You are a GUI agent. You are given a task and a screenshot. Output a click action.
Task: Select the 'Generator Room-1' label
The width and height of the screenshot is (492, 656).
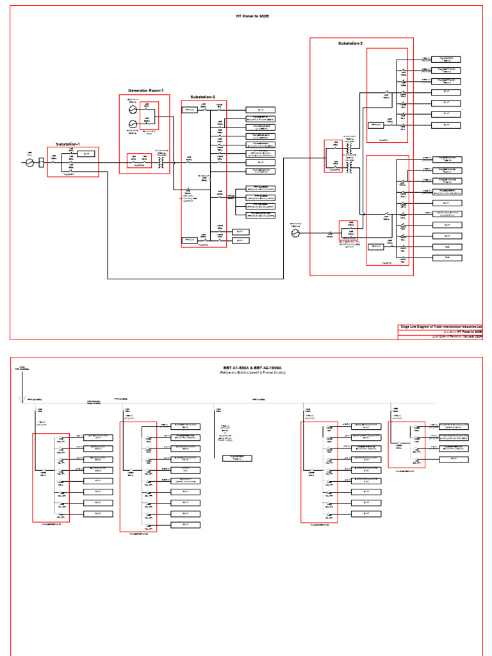pyautogui.click(x=145, y=90)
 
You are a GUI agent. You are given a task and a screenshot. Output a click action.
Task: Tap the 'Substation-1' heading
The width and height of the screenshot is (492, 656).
pyautogui.click(x=68, y=144)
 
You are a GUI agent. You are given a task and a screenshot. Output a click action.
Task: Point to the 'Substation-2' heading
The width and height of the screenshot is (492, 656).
pyautogui.click(x=202, y=97)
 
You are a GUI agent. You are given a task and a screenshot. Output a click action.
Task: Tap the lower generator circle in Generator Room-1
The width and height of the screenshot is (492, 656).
pyautogui.click(x=133, y=124)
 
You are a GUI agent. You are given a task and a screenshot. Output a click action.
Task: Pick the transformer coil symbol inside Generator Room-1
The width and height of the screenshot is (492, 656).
pyautogui.click(x=161, y=163)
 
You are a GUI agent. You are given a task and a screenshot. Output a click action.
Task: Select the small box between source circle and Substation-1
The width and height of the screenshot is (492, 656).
pyautogui.click(x=42, y=163)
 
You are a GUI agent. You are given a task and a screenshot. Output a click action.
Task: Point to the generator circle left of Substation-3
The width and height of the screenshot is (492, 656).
pyautogui.click(x=295, y=234)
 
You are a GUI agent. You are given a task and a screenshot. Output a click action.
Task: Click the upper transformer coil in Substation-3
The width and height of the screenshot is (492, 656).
pyautogui.click(x=349, y=149)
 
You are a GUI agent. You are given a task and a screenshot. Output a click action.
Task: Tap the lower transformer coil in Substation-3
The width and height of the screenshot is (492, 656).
pyautogui.click(x=349, y=167)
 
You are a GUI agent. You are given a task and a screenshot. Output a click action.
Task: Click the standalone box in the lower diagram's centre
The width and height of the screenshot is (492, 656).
pyautogui.click(x=237, y=458)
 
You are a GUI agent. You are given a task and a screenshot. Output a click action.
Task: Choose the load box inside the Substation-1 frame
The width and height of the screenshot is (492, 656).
pyautogui.click(x=85, y=153)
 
